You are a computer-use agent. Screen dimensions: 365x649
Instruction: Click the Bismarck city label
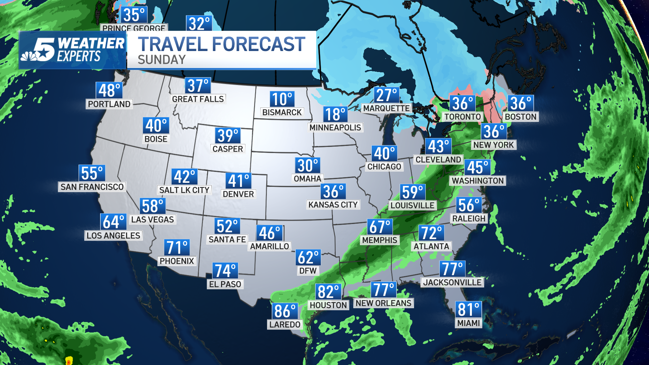pyautogui.click(x=282, y=112)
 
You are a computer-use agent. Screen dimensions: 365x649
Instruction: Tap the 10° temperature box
pyautogui.click(x=282, y=99)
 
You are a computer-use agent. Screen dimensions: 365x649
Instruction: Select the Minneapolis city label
pyautogui.click(x=335, y=127)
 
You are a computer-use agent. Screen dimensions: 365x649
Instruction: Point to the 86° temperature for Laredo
pyautogui.click(x=285, y=311)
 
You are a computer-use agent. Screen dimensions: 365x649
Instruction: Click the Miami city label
pyautogui.click(x=468, y=323)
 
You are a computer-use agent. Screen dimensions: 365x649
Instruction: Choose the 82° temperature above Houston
pyautogui.click(x=328, y=292)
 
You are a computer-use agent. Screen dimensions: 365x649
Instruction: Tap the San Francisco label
pyautogui.click(x=92, y=187)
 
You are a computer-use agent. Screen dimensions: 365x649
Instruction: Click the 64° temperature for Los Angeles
pyautogui.click(x=114, y=222)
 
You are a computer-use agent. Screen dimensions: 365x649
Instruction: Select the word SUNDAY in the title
pyautogui.click(x=162, y=60)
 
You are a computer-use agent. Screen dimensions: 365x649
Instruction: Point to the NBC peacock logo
pyautogui.click(x=30, y=56)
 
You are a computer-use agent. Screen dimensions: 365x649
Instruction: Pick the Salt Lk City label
pyautogui.click(x=184, y=190)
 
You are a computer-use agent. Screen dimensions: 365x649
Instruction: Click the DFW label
pyautogui.click(x=308, y=271)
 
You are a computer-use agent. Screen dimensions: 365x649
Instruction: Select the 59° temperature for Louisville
pyautogui.click(x=412, y=192)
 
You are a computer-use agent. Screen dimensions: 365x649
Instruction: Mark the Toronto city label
pyautogui.click(x=462, y=117)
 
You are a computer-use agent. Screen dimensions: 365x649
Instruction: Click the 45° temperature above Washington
pyautogui.click(x=477, y=167)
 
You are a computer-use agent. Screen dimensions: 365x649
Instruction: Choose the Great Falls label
pyautogui.click(x=198, y=99)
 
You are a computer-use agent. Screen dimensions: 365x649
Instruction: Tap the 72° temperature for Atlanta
pyautogui.click(x=431, y=233)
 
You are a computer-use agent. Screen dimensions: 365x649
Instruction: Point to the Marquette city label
pyautogui.click(x=386, y=108)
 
